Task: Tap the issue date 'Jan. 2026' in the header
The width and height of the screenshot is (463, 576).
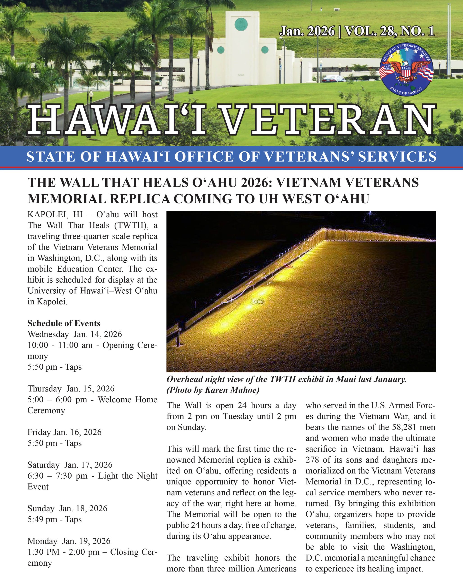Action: [x=307, y=31]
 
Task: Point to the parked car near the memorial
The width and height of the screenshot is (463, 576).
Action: [x=333, y=79]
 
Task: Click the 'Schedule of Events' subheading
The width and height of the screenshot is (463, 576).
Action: [x=64, y=323]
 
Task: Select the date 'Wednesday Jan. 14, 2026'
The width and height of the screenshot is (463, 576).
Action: [x=75, y=334]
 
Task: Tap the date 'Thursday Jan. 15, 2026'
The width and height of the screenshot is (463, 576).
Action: [x=71, y=388]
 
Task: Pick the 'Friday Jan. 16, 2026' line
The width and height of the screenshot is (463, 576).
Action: [x=64, y=432]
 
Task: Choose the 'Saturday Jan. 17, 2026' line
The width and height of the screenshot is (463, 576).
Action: [x=70, y=465]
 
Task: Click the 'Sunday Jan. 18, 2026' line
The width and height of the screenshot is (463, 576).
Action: [x=67, y=508]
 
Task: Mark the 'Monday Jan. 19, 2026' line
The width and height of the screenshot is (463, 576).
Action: [x=69, y=541]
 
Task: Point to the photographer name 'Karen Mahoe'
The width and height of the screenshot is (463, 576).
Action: [x=232, y=390]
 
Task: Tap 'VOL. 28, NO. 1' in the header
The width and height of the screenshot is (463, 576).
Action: [x=389, y=31]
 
